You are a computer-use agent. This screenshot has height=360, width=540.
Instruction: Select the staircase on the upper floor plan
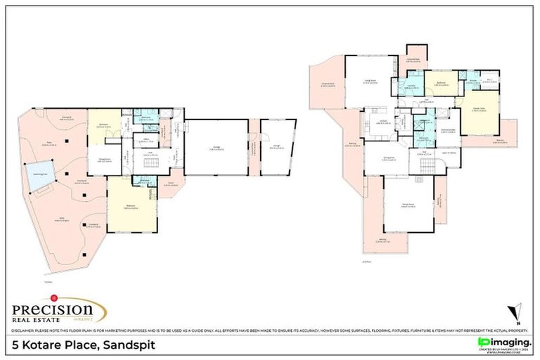pos(426,167)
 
